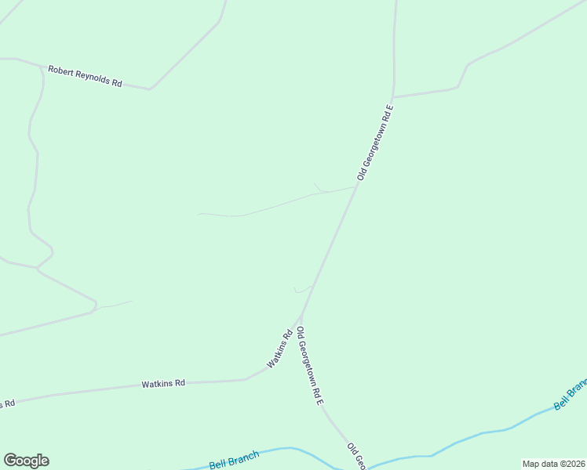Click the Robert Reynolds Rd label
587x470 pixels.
tap(85, 76)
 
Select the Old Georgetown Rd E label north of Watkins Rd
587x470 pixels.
tap(374, 142)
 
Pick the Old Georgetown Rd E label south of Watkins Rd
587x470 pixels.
tap(310, 366)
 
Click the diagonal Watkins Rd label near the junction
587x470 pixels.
tap(279, 349)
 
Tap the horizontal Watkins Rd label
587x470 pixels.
tap(163, 383)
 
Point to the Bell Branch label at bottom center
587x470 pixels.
tap(234, 461)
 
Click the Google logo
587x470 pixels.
tap(26, 461)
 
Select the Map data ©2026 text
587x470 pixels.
tap(553, 464)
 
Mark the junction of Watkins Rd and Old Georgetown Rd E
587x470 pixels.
tap(301, 319)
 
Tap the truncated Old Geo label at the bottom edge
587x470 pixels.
tap(357, 456)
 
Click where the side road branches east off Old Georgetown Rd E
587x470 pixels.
tap(393, 97)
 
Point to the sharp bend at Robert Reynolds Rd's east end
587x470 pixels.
tap(150, 89)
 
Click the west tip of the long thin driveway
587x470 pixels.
tap(199, 213)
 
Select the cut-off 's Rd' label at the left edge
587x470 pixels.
tap(7, 403)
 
